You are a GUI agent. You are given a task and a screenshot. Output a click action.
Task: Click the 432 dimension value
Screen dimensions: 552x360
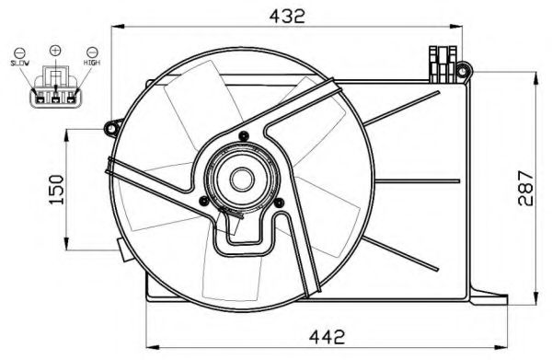[x=287, y=16]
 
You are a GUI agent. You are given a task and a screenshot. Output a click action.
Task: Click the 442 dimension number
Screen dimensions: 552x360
[x=327, y=337]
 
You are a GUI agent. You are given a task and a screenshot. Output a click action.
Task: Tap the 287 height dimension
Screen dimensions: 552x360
[x=525, y=188]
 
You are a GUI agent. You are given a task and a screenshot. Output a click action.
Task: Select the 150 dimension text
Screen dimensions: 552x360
[x=57, y=190]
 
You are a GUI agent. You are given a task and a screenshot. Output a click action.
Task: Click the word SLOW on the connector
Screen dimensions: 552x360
[x=19, y=63]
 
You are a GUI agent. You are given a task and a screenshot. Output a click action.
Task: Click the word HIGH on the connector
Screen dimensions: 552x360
[x=92, y=63]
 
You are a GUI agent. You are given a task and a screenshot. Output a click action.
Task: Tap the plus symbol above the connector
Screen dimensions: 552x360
[x=55, y=50]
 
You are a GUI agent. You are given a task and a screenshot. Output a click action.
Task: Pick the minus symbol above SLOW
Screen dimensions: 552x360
[x=19, y=52]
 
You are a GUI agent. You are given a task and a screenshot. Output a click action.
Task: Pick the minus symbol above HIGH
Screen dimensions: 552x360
[x=92, y=52]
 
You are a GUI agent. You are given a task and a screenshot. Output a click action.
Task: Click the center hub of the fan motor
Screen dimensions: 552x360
[x=242, y=179]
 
